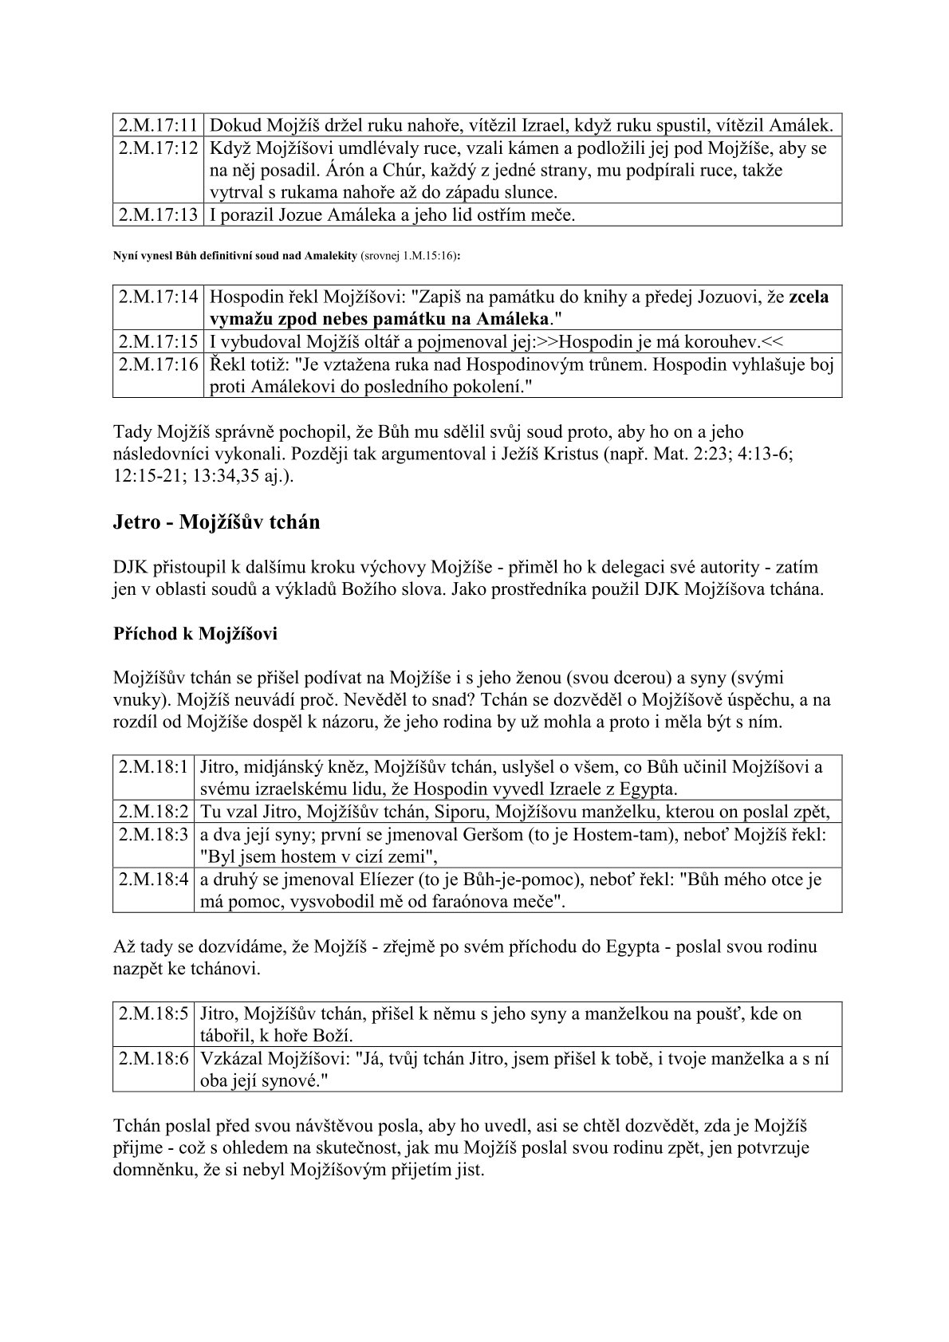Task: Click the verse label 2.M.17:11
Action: (x=158, y=125)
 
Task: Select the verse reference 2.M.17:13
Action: (x=158, y=214)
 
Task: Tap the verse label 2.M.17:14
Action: (x=158, y=297)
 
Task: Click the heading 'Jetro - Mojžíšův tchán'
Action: (x=216, y=522)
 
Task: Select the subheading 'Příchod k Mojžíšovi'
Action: (x=194, y=635)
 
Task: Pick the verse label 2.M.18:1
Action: (x=153, y=767)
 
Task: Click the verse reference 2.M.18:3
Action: (x=153, y=835)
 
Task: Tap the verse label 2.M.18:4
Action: (x=153, y=880)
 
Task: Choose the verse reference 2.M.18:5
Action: (x=153, y=1013)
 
